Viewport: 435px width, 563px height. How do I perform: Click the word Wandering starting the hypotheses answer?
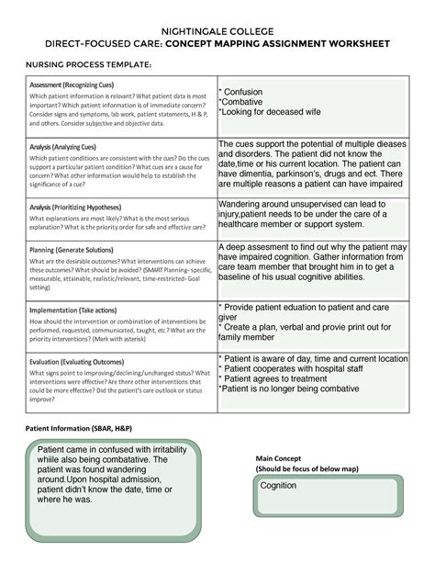[x=248, y=205]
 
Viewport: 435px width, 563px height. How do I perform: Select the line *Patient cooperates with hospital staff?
[x=298, y=367]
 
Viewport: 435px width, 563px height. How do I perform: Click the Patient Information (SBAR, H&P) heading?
[x=78, y=429]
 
